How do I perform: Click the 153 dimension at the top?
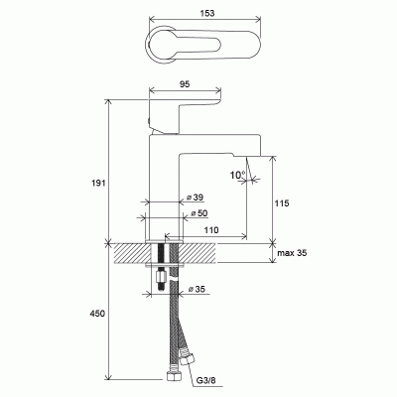207,13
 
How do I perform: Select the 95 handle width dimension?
186,84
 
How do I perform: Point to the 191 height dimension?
99,183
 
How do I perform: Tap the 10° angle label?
237,175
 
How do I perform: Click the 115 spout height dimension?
282,203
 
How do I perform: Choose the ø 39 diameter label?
196,198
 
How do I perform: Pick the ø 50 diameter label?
199,213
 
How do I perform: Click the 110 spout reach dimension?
211,229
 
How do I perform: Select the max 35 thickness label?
292,253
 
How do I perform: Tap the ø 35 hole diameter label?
197,289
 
